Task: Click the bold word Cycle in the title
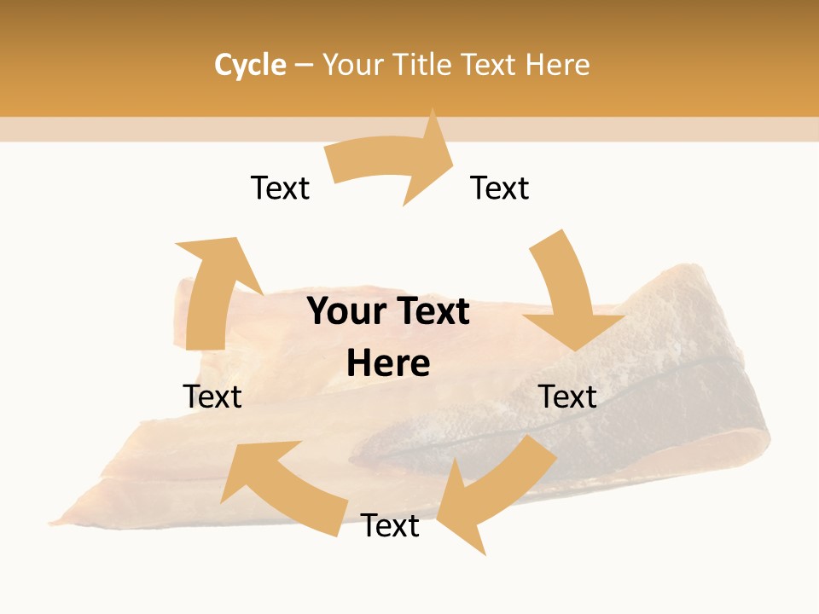click(250, 65)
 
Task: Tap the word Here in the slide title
click(557, 65)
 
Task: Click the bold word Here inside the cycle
click(388, 363)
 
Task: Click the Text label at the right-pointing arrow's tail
click(280, 188)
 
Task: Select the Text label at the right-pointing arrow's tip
click(500, 188)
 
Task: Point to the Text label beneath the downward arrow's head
click(568, 397)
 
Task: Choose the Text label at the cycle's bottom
click(390, 525)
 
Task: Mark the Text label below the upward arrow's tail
click(212, 397)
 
